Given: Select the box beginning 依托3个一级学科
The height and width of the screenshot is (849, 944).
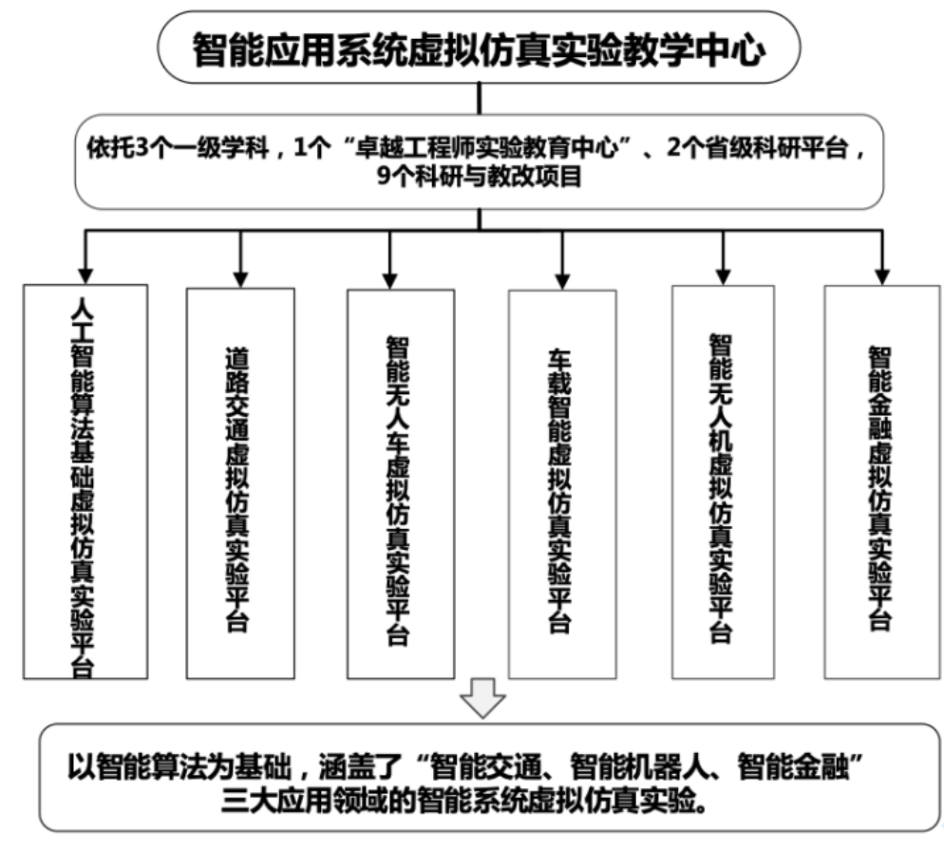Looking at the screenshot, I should click(x=478, y=162).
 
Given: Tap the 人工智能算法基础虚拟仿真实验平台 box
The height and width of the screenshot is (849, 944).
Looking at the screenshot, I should click(x=85, y=481).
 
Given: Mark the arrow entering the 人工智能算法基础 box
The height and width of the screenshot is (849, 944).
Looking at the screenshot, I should click(x=85, y=256).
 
